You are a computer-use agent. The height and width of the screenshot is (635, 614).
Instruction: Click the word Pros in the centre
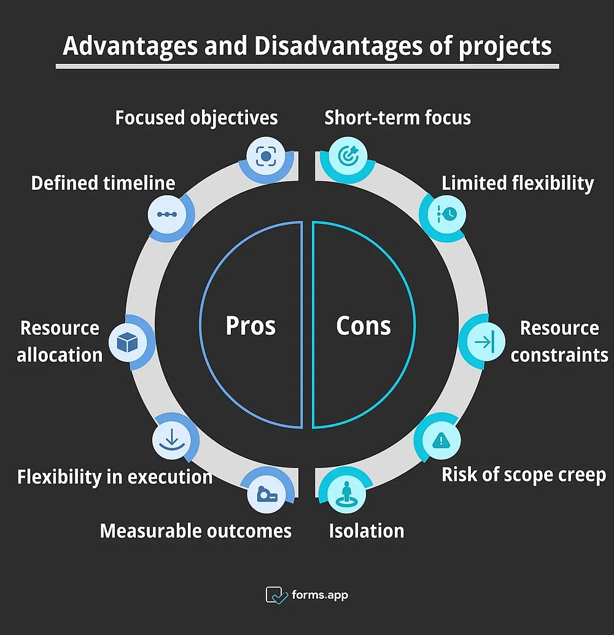251,325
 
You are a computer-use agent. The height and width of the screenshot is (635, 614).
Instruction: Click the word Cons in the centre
363,325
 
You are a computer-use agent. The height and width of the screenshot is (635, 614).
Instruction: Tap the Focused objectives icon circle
266,156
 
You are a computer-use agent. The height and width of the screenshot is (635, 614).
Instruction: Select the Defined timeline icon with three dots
167,214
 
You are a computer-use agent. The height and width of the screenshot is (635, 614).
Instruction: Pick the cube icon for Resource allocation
127,343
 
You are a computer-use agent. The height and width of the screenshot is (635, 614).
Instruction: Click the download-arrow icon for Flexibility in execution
172,440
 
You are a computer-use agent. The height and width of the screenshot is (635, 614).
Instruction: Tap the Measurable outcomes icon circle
266,494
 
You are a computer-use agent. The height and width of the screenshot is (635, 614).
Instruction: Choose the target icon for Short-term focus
348,155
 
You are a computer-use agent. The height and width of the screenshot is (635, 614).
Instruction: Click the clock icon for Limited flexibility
447,214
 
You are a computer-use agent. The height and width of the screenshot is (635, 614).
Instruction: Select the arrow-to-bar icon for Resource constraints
486,342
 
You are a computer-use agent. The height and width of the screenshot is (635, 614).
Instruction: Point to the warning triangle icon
441,440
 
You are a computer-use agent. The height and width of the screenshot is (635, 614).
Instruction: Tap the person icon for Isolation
346,494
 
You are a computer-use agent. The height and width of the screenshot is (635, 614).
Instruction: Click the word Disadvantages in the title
338,45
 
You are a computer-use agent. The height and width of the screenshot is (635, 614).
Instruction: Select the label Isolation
367,531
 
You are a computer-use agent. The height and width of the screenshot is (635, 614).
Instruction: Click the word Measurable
150,531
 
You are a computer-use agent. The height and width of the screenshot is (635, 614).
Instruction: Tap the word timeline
139,183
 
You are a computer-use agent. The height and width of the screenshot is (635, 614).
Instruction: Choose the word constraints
559,355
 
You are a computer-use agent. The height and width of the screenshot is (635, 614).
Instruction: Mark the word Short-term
372,118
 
